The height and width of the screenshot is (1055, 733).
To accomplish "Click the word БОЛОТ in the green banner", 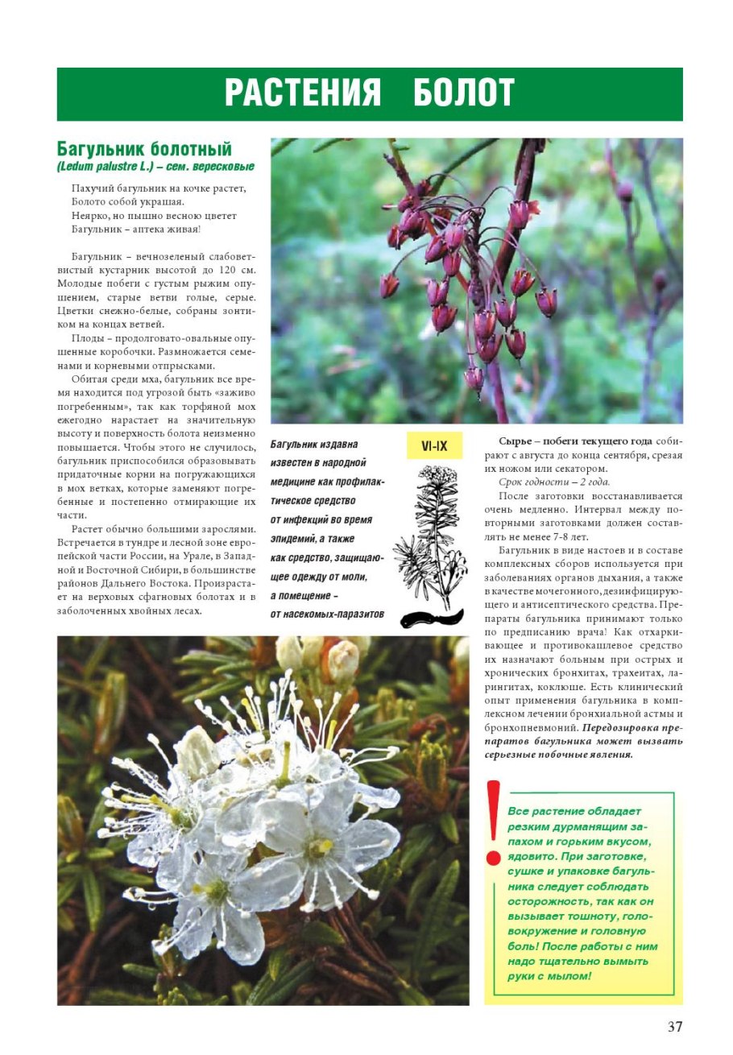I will click(x=464, y=93).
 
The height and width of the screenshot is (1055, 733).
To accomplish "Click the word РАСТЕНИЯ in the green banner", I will click(x=302, y=93).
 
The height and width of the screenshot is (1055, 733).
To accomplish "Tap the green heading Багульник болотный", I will click(x=144, y=149).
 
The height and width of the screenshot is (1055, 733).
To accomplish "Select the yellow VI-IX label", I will click(x=434, y=445).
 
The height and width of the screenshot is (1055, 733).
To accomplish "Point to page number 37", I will click(x=674, y=1027).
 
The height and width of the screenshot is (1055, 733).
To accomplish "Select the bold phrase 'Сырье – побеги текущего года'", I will click(x=575, y=441).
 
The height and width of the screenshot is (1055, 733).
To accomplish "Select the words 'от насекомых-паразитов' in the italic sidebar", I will click(x=327, y=614).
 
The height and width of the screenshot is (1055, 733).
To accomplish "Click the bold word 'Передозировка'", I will click(x=622, y=727).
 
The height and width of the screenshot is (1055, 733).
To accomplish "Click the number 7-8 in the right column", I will click(x=603, y=536).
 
